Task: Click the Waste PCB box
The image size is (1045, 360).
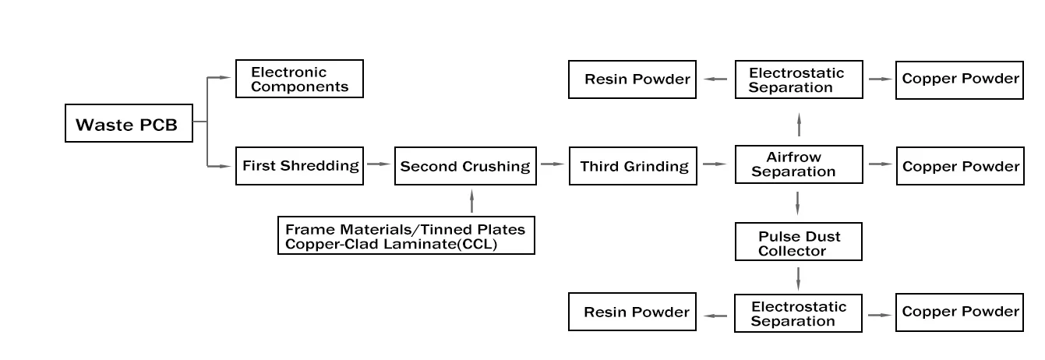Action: [x=129, y=125]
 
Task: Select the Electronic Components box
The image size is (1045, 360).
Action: [x=299, y=79]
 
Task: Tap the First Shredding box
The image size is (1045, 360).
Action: [x=300, y=166]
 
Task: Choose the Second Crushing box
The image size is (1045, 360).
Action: [x=465, y=166]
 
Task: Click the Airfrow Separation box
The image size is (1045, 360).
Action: [x=799, y=165]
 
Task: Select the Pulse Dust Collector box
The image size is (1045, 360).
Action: [x=799, y=242]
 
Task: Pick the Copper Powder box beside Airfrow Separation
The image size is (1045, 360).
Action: [x=960, y=166]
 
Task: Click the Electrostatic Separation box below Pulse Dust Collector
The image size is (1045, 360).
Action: [x=799, y=314]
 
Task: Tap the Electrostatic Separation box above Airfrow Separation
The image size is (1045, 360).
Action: [x=799, y=79]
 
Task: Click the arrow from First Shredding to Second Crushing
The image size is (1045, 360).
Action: [x=379, y=164]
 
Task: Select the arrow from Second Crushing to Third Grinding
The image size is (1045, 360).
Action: [x=553, y=164]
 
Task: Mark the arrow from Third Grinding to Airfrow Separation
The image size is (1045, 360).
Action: [x=715, y=164]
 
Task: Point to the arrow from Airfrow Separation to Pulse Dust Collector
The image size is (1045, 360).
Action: [x=798, y=203]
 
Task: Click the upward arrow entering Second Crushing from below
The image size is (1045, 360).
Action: [x=471, y=201]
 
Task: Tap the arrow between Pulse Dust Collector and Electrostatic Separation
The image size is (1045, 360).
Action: [x=798, y=277]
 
